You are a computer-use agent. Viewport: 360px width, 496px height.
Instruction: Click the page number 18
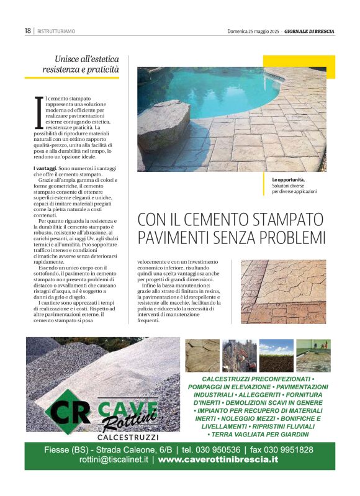tap(28, 30)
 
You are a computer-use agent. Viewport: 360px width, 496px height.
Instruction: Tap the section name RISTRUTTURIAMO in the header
tap(56, 30)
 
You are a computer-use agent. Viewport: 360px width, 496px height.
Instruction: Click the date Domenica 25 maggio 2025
tap(253, 30)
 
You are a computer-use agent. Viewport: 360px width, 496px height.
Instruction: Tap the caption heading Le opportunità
tap(289, 180)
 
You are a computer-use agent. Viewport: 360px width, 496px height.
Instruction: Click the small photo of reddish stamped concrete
tap(283, 291)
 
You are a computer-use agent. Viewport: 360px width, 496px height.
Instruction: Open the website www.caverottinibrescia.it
tap(218, 460)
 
